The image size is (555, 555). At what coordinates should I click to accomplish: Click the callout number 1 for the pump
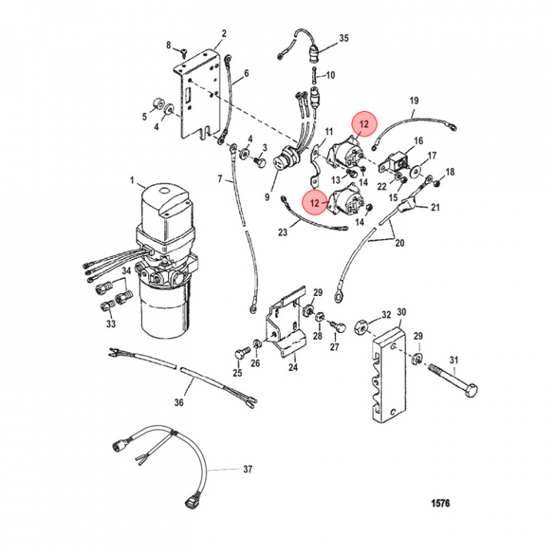[132, 182]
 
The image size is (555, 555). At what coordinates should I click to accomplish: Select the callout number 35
[344, 38]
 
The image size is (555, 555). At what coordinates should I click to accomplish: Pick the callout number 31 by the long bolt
[453, 360]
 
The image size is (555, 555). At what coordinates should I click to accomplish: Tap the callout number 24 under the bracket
[293, 368]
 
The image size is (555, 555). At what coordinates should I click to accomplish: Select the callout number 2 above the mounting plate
[224, 34]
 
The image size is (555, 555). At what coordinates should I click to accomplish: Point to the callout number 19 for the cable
[413, 101]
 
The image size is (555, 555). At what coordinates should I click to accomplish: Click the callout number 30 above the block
[401, 312]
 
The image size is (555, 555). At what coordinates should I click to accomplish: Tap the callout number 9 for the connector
[267, 197]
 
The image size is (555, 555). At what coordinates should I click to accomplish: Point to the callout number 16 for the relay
[419, 141]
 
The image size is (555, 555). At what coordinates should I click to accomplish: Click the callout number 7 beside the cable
[219, 180]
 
